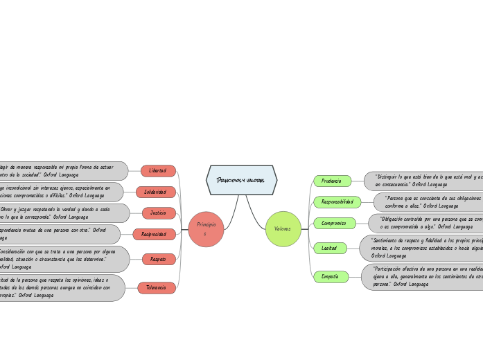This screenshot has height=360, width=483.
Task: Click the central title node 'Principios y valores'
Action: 241,180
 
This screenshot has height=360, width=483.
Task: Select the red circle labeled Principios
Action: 206,229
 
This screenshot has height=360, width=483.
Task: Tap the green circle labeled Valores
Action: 283,229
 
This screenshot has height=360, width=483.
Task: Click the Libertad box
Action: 158,170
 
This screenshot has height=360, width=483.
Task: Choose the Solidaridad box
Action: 156,192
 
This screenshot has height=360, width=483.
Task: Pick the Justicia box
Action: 159,213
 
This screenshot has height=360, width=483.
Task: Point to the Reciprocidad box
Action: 155,235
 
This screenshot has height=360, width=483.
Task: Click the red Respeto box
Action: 159,259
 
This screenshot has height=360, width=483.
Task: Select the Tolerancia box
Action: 157,287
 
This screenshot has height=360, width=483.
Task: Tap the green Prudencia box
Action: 332,181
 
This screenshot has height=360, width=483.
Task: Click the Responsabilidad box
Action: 337,202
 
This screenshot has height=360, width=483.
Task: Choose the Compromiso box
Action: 335,223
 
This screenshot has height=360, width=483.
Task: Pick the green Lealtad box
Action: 330,248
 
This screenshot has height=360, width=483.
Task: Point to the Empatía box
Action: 331,276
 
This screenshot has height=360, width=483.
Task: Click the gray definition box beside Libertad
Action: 62,170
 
